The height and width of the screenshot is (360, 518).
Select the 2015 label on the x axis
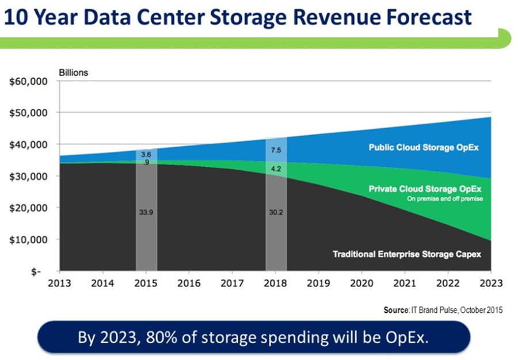pos(146,283)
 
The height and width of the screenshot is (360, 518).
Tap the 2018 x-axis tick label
pos(276,283)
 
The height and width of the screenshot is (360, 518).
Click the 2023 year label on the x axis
pos(491,283)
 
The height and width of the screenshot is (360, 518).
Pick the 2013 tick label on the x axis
pos(59,283)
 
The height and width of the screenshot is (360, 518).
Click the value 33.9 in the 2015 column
pos(146,212)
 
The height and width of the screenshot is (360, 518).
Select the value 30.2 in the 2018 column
pos(276,212)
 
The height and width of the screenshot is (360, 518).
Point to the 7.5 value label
pos(276,150)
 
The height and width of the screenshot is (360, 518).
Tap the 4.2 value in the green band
pos(276,169)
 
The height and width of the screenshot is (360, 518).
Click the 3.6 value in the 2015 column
pos(146,155)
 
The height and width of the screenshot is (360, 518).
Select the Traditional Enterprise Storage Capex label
pos(406,254)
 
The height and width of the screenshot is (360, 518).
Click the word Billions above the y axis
pos(73,72)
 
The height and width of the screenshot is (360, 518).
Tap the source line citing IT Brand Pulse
pos(443,310)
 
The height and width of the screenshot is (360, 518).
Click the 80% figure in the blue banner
pos(179,337)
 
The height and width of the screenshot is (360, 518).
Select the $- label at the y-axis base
pos(36,271)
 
